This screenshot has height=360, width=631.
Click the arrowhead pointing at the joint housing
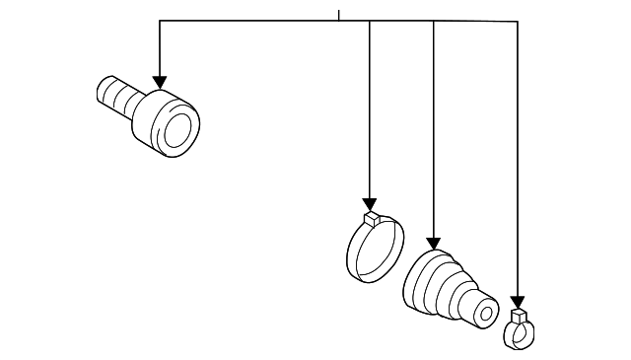point(159,82)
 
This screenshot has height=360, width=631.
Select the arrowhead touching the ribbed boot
point(433,243)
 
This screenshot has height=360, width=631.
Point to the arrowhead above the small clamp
point(518,303)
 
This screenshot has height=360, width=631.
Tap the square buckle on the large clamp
point(371,218)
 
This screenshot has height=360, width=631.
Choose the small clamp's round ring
point(517,336)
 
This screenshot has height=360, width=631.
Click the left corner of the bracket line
point(159,21)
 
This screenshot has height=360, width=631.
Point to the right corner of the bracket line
point(518,21)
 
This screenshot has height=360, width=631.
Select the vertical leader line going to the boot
point(433,128)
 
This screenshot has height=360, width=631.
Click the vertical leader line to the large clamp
point(370,108)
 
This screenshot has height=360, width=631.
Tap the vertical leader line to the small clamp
point(518,158)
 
